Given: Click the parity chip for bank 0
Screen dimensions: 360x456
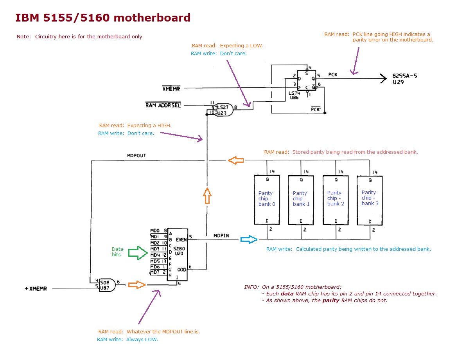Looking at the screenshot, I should [x=267, y=200].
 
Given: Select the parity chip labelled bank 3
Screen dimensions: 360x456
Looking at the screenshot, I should [x=370, y=200].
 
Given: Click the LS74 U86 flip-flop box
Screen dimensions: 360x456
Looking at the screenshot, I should [x=306, y=84].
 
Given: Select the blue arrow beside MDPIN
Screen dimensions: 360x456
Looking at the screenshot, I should [x=248, y=239].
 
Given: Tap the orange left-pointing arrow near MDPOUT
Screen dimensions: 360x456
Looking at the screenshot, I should [x=236, y=160].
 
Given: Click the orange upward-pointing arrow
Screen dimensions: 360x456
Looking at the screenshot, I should [x=207, y=195].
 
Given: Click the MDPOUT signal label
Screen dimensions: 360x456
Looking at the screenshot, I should [x=136, y=156].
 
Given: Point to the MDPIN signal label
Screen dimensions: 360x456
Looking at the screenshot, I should [x=221, y=236].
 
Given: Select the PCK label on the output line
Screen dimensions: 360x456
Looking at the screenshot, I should [x=333, y=74].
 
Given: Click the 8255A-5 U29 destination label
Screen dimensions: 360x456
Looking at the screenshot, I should [x=405, y=79].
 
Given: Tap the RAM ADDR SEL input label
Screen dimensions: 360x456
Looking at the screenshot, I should [x=163, y=105].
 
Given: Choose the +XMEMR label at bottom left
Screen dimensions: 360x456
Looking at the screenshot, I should [x=36, y=289].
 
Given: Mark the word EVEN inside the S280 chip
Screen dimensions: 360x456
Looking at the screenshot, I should [x=181, y=240].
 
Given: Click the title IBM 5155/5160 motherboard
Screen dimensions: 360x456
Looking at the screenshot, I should [x=103, y=18].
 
